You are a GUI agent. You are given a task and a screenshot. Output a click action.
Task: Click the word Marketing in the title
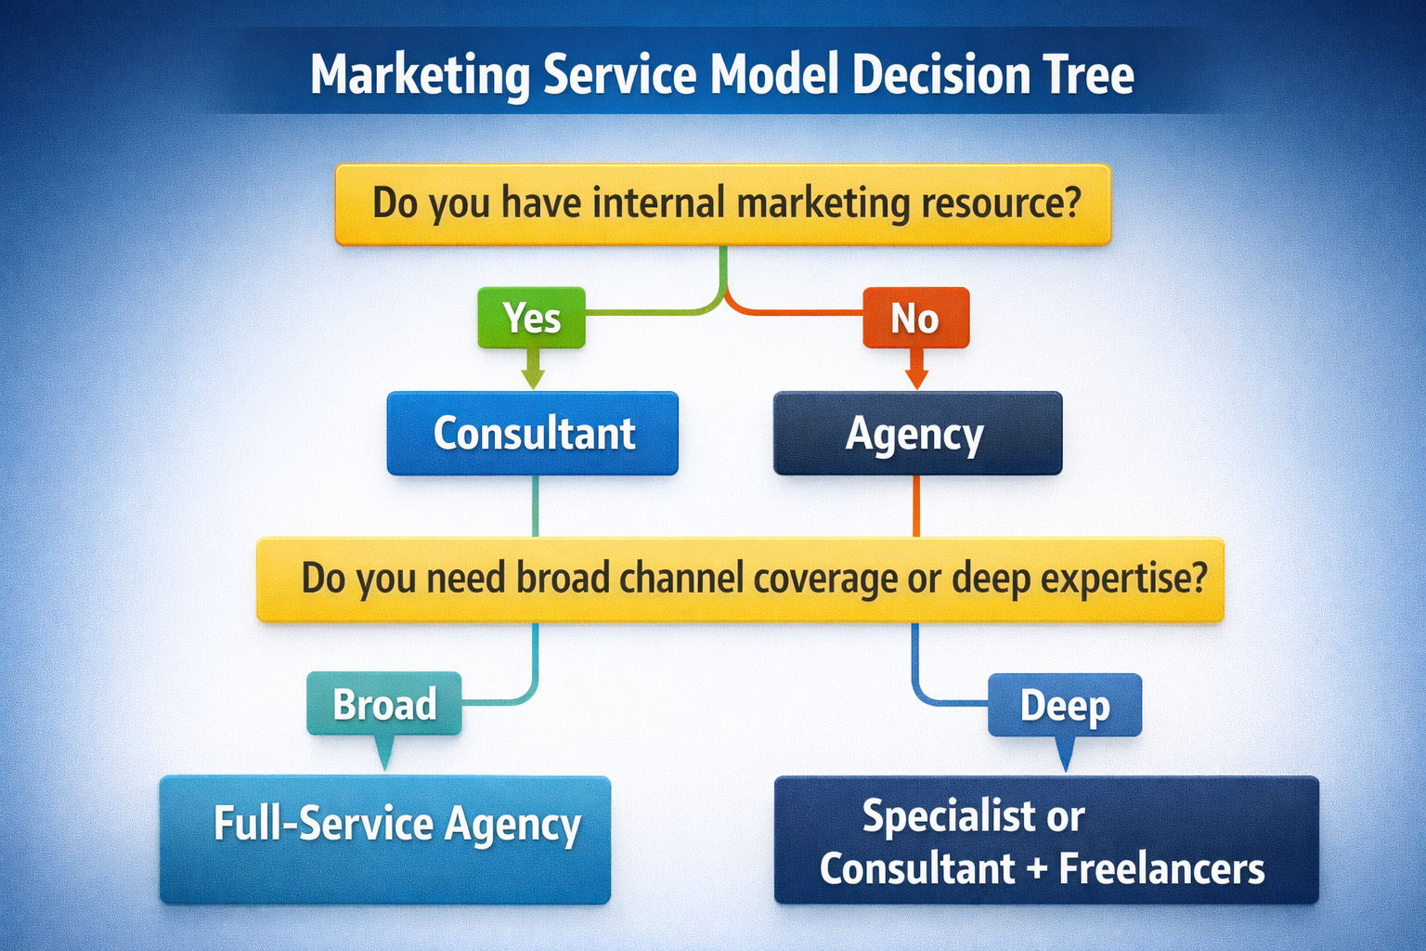point(420,75)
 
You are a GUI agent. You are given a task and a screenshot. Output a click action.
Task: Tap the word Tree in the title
point(1087,75)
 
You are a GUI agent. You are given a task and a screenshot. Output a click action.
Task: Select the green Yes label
point(531,318)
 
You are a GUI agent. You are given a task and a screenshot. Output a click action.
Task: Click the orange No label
point(915,318)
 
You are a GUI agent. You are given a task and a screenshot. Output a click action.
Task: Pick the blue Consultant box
point(533,434)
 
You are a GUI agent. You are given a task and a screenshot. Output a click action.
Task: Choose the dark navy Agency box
point(917,434)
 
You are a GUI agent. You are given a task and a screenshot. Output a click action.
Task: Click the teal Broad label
point(384,704)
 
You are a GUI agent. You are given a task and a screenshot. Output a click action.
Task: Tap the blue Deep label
point(1065,705)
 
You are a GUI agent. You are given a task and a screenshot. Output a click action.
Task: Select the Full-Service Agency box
point(385,839)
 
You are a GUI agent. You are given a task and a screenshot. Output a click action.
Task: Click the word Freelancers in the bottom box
point(1161,869)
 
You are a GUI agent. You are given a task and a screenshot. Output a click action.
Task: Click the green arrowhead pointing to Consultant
point(532,378)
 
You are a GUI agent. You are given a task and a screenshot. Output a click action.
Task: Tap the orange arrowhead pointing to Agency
point(916,378)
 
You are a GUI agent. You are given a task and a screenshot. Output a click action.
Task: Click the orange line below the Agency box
point(916,506)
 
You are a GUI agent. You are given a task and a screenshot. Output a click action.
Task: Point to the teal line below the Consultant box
point(535,506)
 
